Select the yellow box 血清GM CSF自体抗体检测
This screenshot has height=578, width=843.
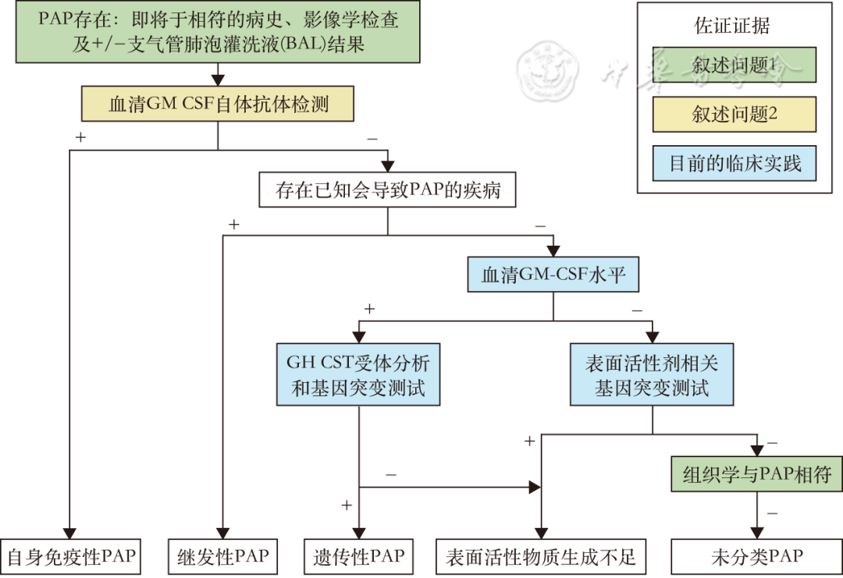pos(218,104)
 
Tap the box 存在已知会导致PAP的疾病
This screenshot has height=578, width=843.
pos(387,190)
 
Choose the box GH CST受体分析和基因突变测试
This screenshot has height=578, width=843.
pos(358,374)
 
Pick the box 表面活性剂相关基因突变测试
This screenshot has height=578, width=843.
pos(652,374)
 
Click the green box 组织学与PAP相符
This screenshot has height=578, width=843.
pos(756,473)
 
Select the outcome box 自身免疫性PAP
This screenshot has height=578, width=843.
pos(70,557)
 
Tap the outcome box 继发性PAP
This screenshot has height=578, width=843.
pos(223,557)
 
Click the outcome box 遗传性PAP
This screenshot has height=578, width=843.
pos(358,557)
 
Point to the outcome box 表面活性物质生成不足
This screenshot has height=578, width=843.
pos(541,557)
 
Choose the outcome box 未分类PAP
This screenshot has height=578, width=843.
pos(756,557)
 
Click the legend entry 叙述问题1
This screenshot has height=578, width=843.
pos(735,66)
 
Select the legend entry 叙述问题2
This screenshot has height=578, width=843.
pos(735,115)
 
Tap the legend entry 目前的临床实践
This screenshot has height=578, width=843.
pos(735,164)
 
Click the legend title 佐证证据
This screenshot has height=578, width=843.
pos(732,26)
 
